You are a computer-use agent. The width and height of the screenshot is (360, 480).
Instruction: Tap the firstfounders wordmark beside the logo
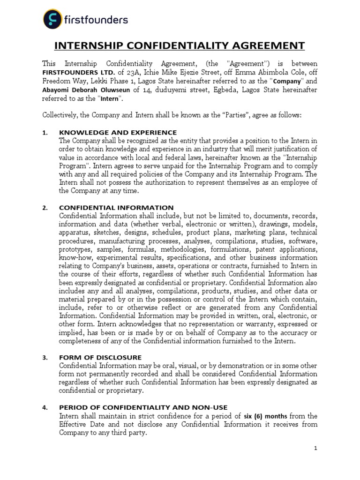click(97, 20)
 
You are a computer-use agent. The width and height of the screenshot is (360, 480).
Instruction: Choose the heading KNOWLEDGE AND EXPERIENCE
click(118, 133)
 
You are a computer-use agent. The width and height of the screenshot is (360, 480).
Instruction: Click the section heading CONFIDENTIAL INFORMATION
click(116, 207)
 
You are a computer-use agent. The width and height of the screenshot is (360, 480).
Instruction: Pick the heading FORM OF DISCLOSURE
click(100, 357)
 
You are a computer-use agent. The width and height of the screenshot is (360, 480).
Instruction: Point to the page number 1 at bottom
click(316, 449)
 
